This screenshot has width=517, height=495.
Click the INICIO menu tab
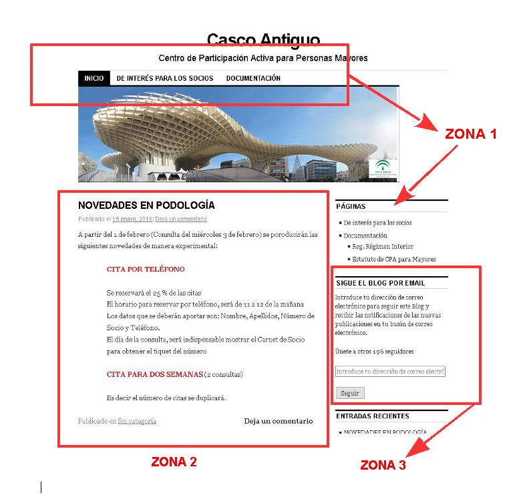pyautogui.click(x=94, y=78)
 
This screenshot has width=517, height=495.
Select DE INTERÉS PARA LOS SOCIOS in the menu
pyautogui.click(x=165, y=78)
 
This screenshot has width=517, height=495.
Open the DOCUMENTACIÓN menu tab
pyautogui.click(x=253, y=78)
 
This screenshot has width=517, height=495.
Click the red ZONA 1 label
pyautogui.click(x=471, y=133)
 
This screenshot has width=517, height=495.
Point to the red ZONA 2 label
pyautogui.click(x=174, y=461)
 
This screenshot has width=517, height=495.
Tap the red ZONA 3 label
pyautogui.click(x=383, y=465)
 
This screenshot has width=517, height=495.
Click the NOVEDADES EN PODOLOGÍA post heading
pyautogui.click(x=146, y=205)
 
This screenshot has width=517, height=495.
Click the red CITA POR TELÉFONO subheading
pyautogui.click(x=146, y=270)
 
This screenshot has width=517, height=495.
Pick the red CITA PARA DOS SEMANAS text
pyautogui.click(x=154, y=374)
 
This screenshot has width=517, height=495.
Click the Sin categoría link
pyautogui.click(x=137, y=421)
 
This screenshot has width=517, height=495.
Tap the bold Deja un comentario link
pyautogui.click(x=278, y=421)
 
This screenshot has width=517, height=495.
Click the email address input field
pyautogui.click(x=390, y=372)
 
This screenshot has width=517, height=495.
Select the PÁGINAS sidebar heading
pyautogui.click(x=351, y=207)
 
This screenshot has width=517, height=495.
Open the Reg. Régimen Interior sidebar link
pyautogui.click(x=383, y=247)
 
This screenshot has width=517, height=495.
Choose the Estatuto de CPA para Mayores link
pyautogui.click(x=394, y=259)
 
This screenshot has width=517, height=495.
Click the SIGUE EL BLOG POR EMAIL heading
pyautogui.click(x=381, y=283)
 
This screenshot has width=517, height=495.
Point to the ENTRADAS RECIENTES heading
pyautogui.click(x=372, y=416)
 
